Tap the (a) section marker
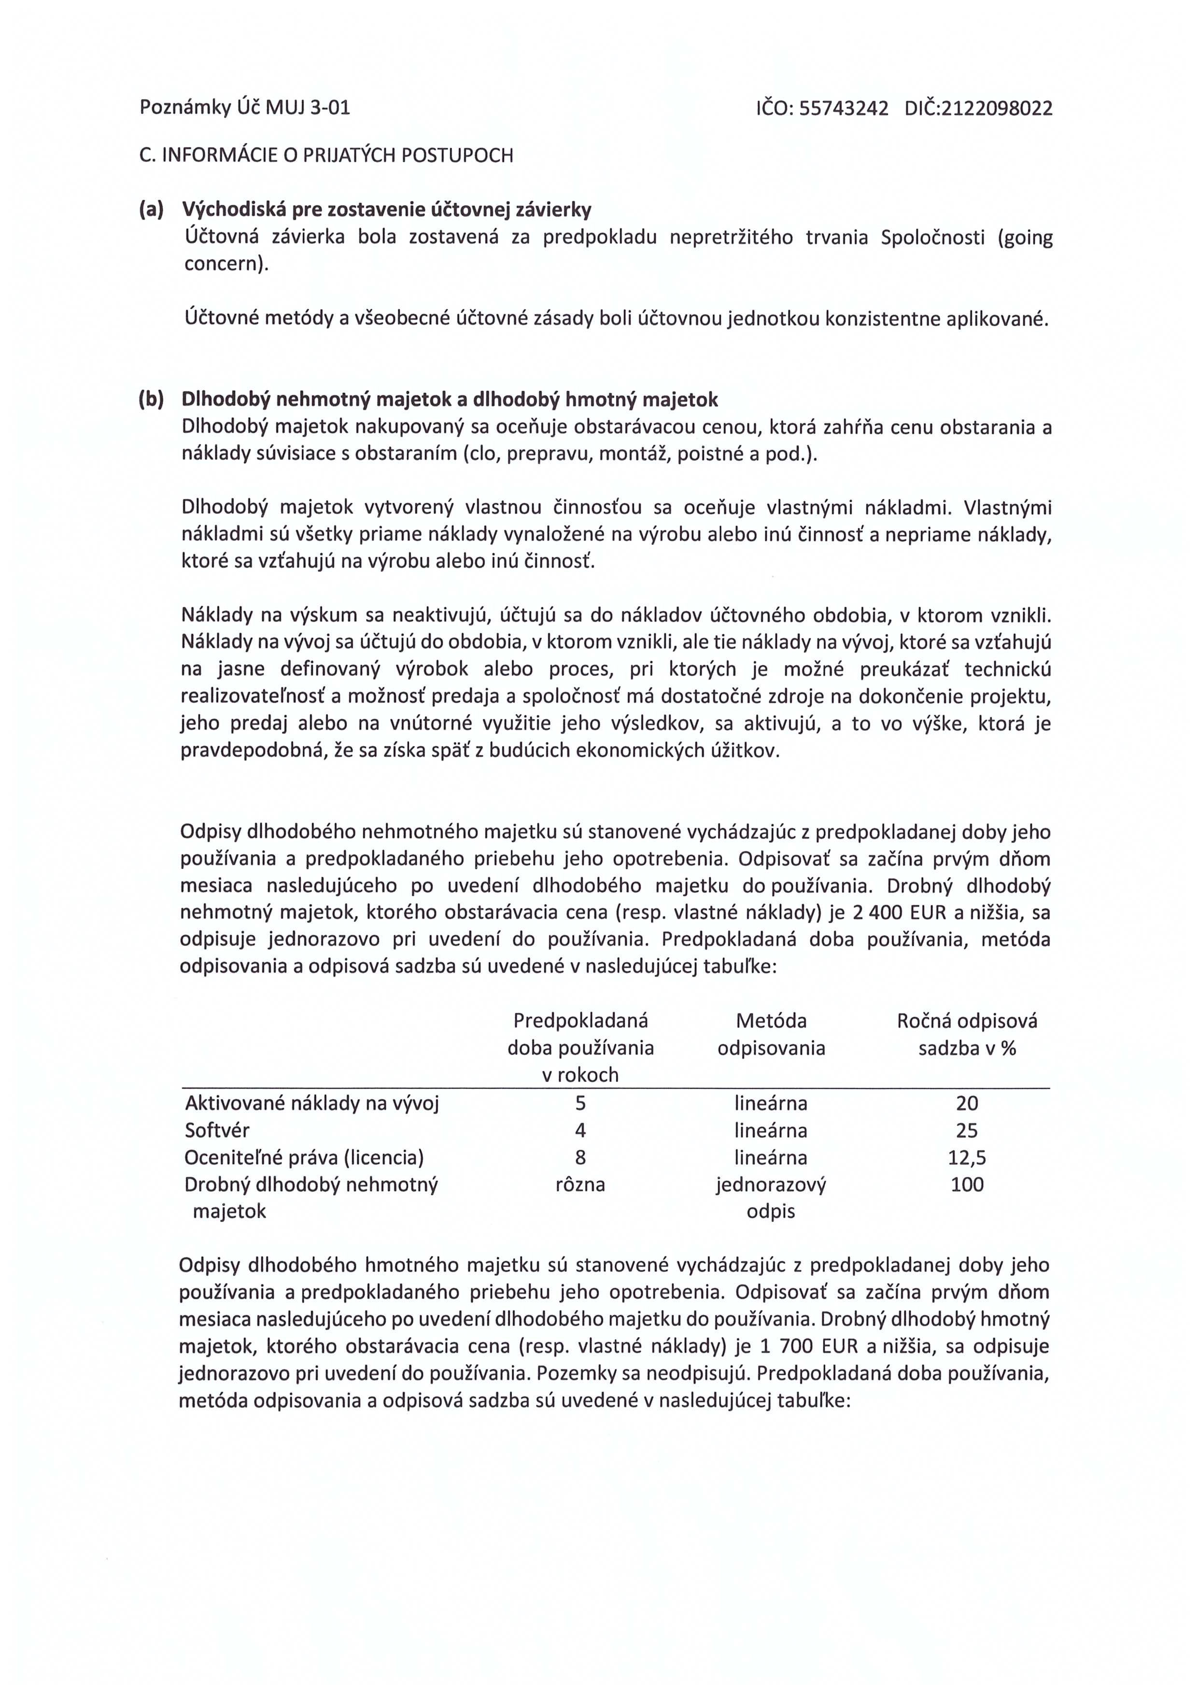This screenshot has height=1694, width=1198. tap(151, 210)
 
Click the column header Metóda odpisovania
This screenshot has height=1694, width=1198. tap(771, 1034)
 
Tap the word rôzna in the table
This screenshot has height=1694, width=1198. tap(580, 1184)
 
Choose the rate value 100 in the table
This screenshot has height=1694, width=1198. tap(966, 1184)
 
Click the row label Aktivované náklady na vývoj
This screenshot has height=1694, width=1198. tap(311, 1104)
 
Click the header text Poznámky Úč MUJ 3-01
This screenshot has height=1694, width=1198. tap(245, 109)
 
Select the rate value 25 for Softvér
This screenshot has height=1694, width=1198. tap(966, 1130)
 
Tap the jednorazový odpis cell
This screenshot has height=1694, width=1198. tap(771, 1197)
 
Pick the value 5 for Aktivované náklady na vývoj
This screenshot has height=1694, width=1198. tap(580, 1104)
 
